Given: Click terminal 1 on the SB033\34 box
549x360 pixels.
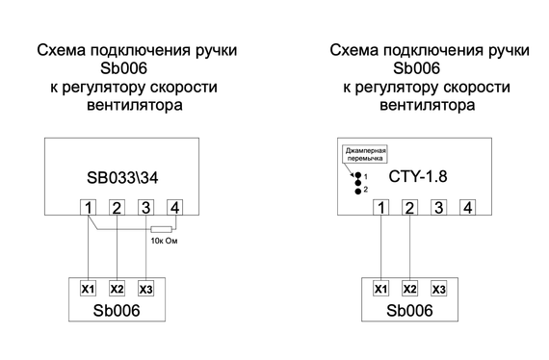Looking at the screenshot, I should pos(89,207).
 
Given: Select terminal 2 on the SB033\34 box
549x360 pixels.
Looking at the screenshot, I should pos(117,207).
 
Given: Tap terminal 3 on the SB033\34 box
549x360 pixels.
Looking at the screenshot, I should pos(145,207).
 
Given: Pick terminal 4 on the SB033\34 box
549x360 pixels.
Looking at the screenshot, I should pos(174,207).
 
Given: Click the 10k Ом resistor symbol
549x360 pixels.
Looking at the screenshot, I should pos(160,228).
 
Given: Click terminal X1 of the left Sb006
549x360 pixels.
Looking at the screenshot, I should pos(88,289).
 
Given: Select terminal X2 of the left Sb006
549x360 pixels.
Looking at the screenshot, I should pos(117,289).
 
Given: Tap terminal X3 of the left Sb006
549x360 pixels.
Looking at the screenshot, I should pos(145,289).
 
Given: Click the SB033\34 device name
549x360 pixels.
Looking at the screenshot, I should pos(132,179).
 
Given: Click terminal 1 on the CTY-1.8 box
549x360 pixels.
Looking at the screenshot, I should pos(382,207).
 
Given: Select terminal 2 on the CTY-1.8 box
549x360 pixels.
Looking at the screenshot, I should pos(410,207).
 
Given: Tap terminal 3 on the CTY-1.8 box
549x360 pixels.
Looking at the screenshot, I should pos(439,207).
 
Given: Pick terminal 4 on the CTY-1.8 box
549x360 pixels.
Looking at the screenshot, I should pos(467,207).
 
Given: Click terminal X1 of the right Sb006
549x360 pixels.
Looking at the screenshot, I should pos(381,289).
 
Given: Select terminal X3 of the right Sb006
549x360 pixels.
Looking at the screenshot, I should pos(439,289).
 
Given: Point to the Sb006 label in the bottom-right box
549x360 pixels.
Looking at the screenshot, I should pos(408,312).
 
